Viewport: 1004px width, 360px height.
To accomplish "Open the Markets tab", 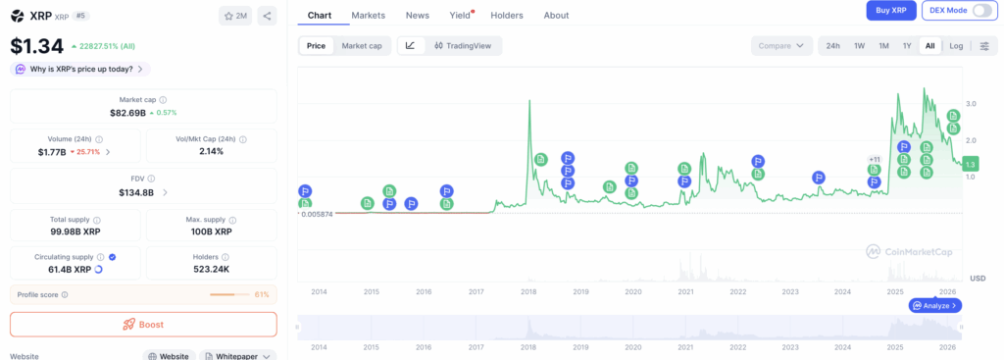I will [x=368, y=16].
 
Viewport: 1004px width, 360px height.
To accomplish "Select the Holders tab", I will [x=506, y=16].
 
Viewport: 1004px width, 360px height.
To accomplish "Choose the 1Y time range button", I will [x=907, y=46].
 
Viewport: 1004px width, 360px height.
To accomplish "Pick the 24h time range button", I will [x=832, y=46].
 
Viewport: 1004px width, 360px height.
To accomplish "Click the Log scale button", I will [x=956, y=46].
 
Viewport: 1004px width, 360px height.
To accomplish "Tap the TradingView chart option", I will [x=467, y=45].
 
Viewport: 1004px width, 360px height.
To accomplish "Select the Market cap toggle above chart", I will [x=362, y=45].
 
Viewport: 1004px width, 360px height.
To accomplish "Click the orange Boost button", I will [x=143, y=324].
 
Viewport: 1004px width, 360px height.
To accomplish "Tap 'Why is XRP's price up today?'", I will [x=79, y=69].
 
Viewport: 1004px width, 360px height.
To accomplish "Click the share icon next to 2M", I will [x=268, y=16].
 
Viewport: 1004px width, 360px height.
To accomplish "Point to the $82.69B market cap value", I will [x=127, y=113].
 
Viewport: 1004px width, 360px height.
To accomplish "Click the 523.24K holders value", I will [x=211, y=269].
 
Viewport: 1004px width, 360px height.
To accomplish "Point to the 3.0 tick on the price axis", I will [x=970, y=103].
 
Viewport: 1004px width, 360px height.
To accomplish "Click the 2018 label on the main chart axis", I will [x=528, y=291].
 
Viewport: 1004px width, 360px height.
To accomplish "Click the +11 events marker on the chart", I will [x=874, y=159].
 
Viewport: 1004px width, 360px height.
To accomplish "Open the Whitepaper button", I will [x=237, y=355].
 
